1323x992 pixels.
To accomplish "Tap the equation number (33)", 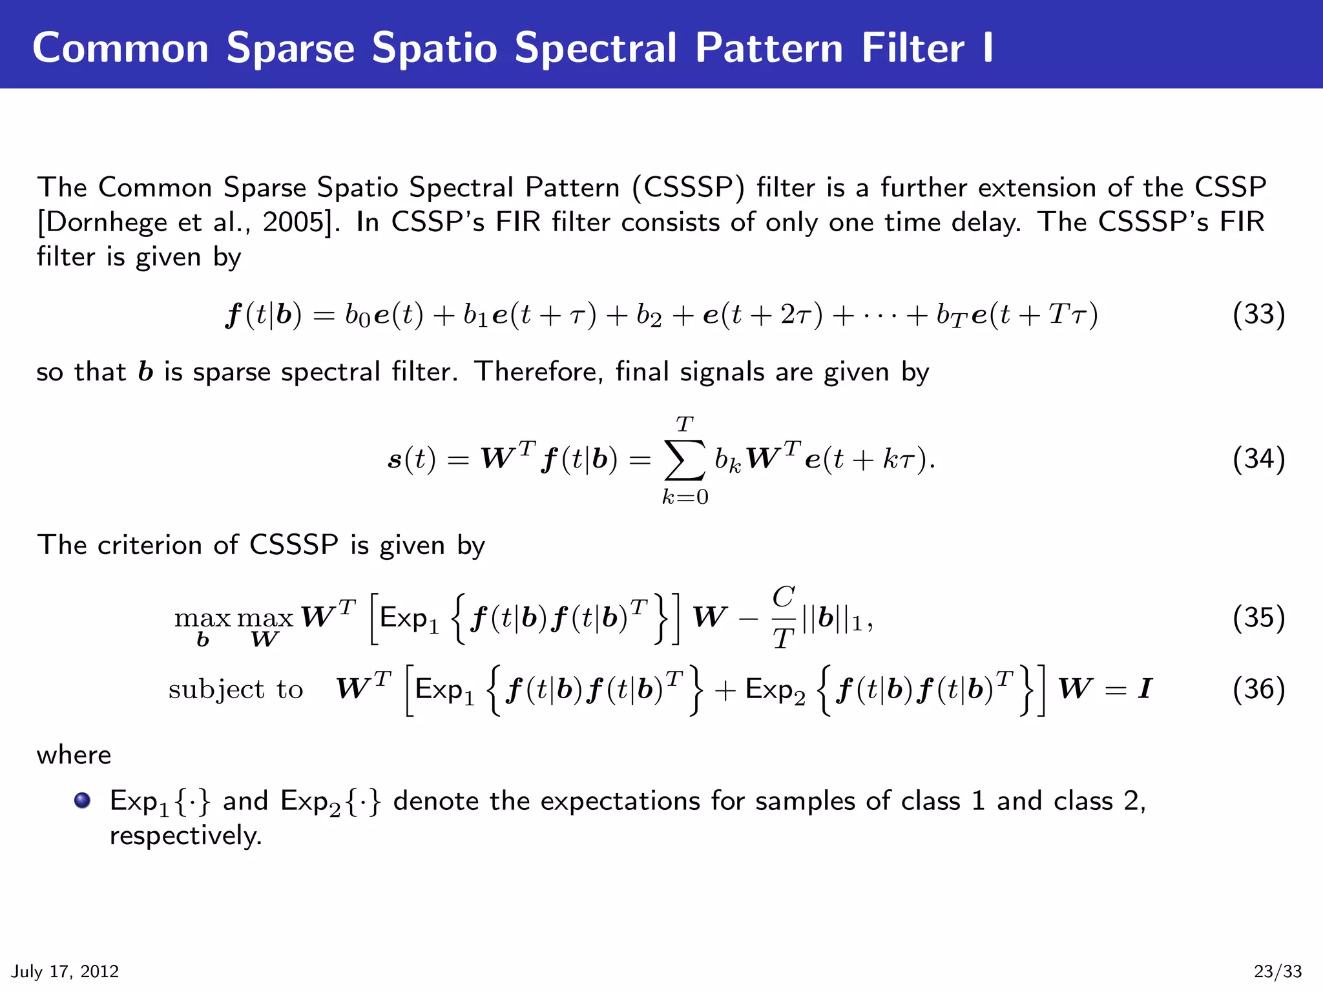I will (1258, 315).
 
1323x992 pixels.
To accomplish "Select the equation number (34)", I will (1258, 459).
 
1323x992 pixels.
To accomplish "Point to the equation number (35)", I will (1258, 617).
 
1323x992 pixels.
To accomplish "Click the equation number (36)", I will (1258, 689).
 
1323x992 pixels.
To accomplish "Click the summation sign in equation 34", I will (685, 460).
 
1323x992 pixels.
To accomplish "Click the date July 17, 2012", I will (65, 971).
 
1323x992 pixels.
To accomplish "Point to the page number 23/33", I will (1278, 971).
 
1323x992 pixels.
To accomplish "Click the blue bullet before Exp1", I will (82, 801).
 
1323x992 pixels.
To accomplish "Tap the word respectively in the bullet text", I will (185, 836).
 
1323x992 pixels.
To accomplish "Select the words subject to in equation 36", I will (236, 690).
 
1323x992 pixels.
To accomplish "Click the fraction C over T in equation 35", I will (784, 617).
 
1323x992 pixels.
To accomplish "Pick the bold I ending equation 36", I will (1145, 689).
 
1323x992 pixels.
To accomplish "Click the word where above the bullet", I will (74, 755).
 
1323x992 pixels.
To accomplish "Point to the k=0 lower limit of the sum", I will (685, 497).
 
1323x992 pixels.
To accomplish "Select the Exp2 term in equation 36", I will (775, 690).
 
